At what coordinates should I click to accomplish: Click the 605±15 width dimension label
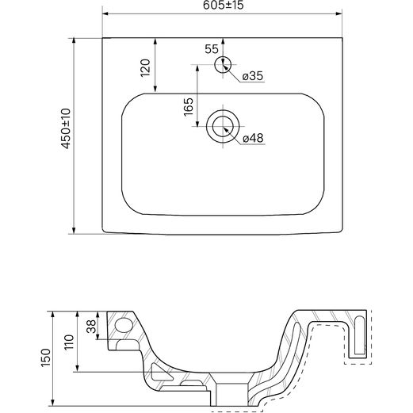(x=223, y=6)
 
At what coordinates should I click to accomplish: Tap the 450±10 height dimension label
(x=66, y=128)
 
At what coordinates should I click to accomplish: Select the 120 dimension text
(x=145, y=68)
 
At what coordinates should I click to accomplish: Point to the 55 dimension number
(x=212, y=49)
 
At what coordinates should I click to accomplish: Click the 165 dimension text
(x=189, y=107)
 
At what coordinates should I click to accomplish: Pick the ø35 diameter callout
(x=253, y=76)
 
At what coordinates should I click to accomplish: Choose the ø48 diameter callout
(x=253, y=138)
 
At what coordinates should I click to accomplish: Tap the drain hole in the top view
(x=223, y=126)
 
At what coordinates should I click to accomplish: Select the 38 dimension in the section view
(x=92, y=326)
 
